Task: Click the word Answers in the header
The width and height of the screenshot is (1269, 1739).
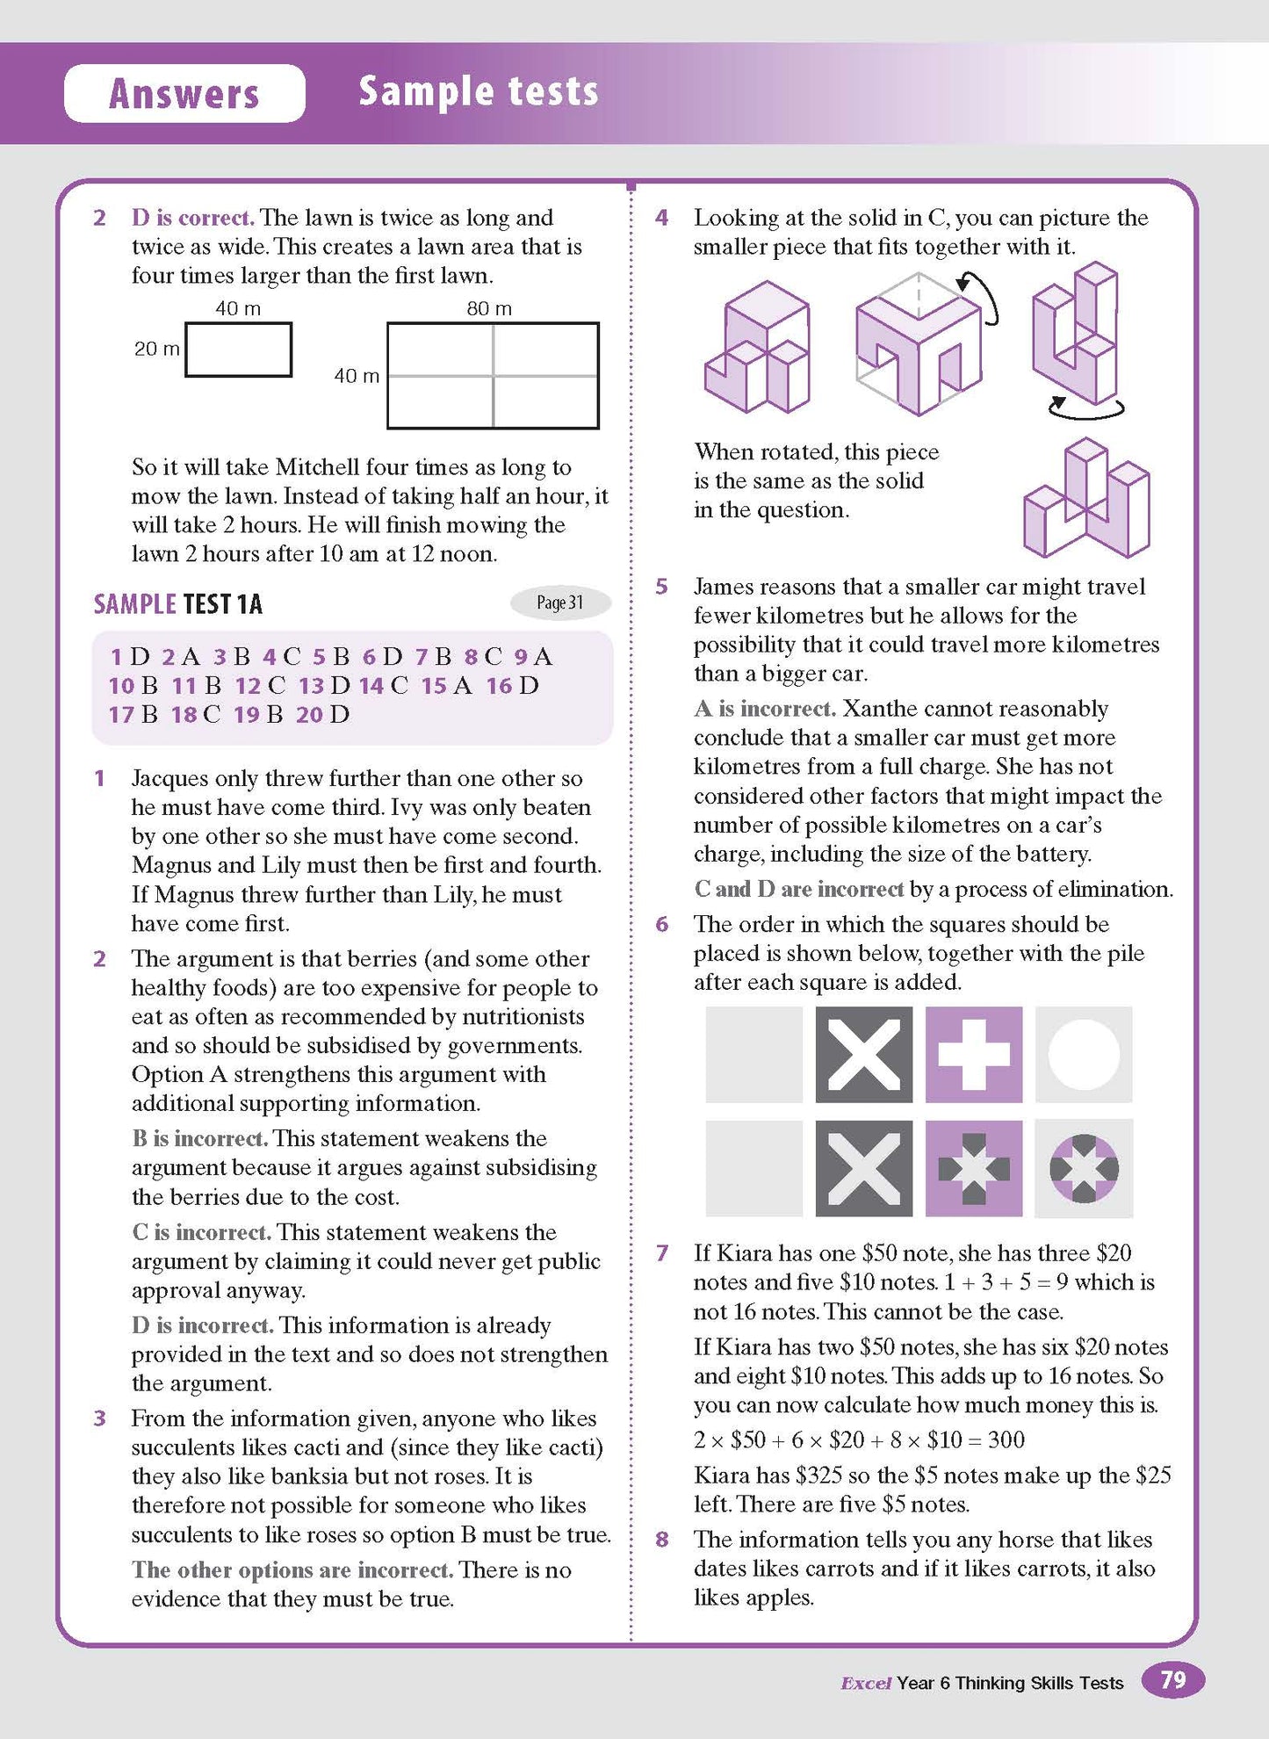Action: pyautogui.click(x=184, y=93)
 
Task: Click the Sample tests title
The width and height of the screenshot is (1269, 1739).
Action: pyautogui.click(x=479, y=91)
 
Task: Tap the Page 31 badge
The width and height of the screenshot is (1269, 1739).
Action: pyautogui.click(x=560, y=603)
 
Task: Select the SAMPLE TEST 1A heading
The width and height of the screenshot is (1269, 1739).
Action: pyautogui.click(x=178, y=604)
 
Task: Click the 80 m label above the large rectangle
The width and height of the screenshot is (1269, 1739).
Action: pyautogui.click(x=489, y=308)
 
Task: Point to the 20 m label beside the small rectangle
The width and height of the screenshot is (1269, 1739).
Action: pyautogui.click(x=156, y=349)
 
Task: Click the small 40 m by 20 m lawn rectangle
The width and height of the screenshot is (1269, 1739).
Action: pyautogui.click(x=238, y=350)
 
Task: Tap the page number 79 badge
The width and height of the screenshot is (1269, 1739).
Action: pyautogui.click(x=1172, y=1680)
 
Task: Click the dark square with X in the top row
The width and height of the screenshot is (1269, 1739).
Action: pyautogui.click(x=863, y=1054)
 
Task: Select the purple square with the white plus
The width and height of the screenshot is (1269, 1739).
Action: pyautogui.click(x=973, y=1054)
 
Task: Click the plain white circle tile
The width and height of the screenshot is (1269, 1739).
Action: pyautogui.click(x=1084, y=1054)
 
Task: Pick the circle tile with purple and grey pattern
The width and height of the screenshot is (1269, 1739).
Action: pyautogui.click(x=1084, y=1168)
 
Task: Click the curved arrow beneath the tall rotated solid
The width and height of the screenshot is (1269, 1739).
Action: pyautogui.click(x=1086, y=408)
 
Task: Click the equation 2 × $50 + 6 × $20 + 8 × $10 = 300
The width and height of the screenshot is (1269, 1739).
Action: pyautogui.click(x=859, y=1440)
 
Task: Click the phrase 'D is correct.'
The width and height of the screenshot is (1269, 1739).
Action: pyautogui.click(x=192, y=218)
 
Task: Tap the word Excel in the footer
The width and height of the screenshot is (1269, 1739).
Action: pyautogui.click(x=866, y=1683)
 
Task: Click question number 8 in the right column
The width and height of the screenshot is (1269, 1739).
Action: pyautogui.click(x=662, y=1539)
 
